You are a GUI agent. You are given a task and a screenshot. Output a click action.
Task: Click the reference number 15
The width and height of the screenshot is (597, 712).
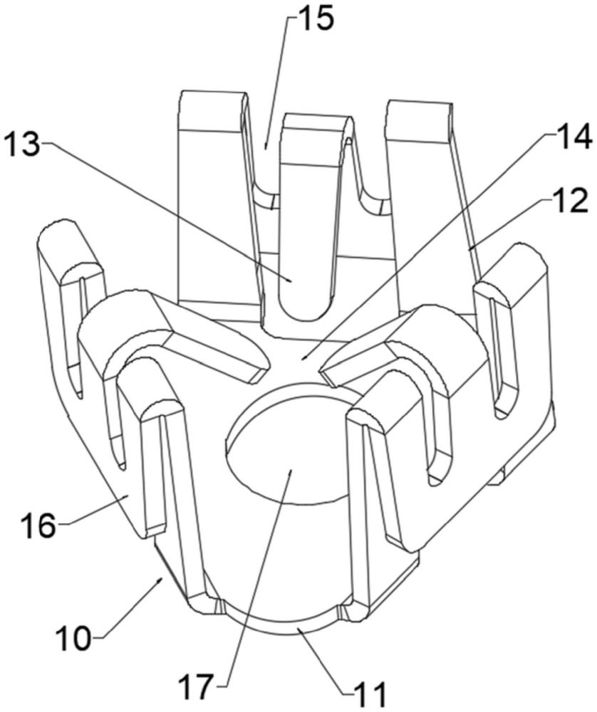314,19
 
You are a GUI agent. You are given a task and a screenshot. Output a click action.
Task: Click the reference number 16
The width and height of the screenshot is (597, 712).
37,527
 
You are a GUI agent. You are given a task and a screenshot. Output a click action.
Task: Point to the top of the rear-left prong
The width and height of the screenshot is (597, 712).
212,100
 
